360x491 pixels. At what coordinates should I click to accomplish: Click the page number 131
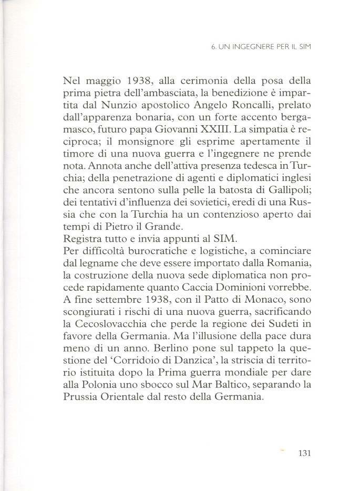pos(305,453)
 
